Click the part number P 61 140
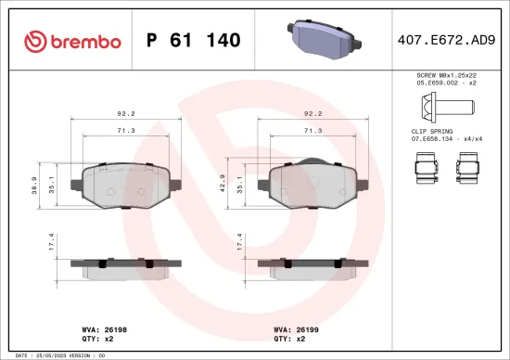coord(194,40)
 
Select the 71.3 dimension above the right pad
coord(314,132)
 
